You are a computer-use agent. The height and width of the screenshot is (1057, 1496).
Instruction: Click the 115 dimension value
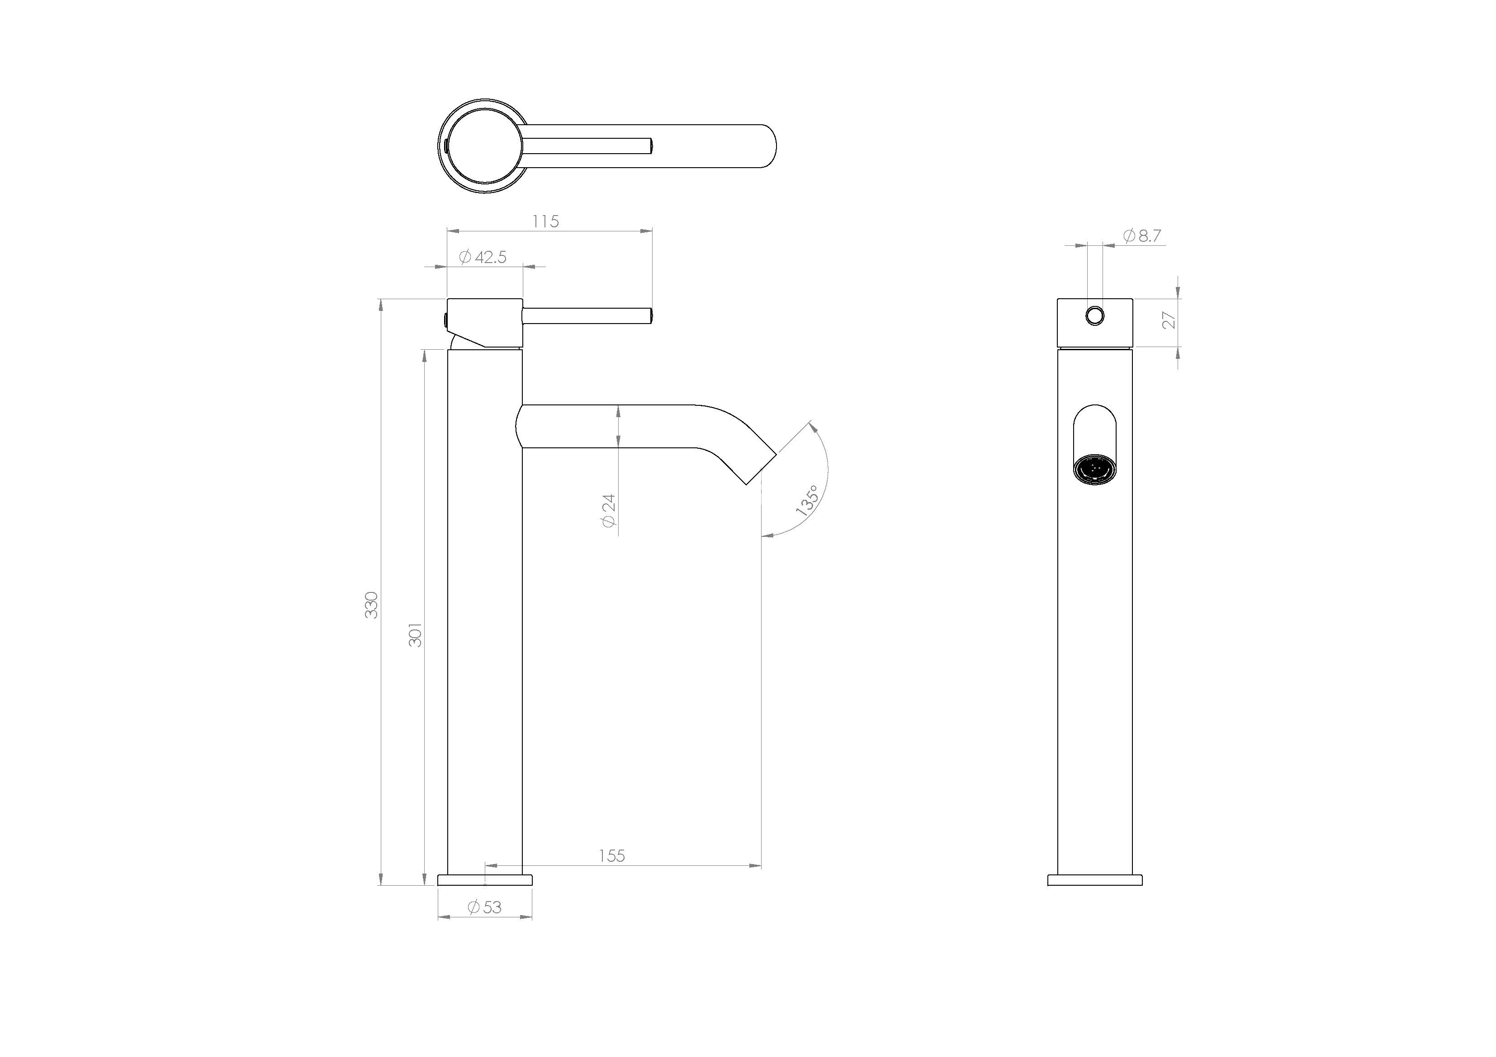pyautogui.click(x=545, y=221)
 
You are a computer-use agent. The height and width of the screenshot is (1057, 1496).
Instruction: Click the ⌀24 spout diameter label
pyautogui.click(x=608, y=511)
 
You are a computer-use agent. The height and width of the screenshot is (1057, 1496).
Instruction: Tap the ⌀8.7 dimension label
pyautogui.click(x=1142, y=236)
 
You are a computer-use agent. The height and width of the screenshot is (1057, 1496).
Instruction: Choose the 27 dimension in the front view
pyautogui.click(x=1169, y=320)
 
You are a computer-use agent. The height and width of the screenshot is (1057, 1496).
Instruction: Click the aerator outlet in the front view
pyautogui.click(x=1094, y=469)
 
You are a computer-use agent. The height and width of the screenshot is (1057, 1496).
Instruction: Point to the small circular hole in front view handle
pyautogui.click(x=1094, y=316)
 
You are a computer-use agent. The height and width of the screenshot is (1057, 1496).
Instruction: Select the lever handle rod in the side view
pyautogui.click(x=587, y=316)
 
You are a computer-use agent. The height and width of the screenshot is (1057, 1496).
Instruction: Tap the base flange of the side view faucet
pyautogui.click(x=485, y=880)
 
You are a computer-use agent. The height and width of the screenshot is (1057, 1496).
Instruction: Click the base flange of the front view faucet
pyautogui.click(x=1094, y=880)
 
